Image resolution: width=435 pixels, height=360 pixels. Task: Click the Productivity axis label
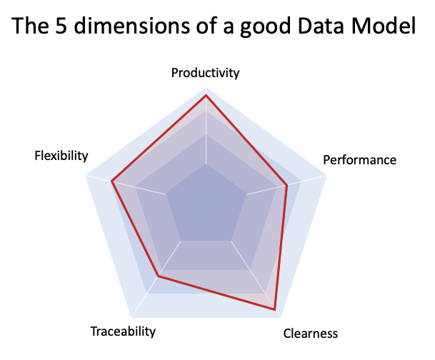(206, 73)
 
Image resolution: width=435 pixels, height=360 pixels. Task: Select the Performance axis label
(359, 159)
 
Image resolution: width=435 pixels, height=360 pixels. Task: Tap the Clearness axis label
(310, 334)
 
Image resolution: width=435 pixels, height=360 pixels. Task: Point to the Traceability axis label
(123, 331)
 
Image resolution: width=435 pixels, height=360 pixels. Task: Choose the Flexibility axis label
(61, 156)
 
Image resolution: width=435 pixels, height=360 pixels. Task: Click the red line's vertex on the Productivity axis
(206, 95)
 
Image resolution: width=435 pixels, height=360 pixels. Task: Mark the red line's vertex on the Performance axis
(286, 186)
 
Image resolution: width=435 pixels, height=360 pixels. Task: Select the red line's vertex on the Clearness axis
(274, 309)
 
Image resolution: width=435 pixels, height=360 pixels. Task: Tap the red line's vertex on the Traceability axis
(159, 276)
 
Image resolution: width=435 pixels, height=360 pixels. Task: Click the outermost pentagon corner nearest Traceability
(131, 317)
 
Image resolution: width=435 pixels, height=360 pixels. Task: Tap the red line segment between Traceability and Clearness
(216, 293)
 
